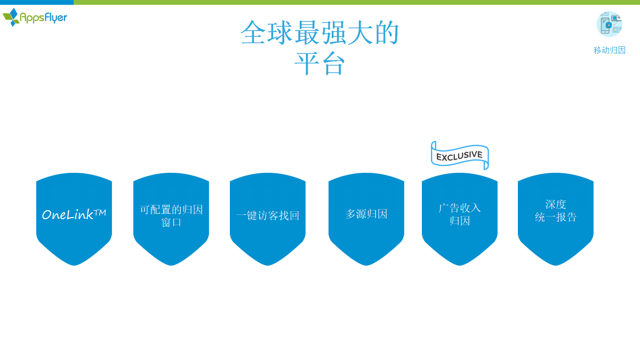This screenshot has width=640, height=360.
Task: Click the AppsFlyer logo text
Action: point(43,18)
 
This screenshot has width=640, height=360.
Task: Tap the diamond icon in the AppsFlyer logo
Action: point(11,17)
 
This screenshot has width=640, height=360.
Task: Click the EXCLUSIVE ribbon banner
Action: point(460,156)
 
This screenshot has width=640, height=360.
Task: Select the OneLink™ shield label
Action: point(74,214)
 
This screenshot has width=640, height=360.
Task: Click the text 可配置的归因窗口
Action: point(171,215)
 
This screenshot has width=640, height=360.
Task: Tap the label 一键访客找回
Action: point(268,215)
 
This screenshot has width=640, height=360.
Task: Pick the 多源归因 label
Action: point(366,214)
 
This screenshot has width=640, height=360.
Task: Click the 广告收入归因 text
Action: point(460,214)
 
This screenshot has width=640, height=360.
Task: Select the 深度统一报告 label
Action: point(556,211)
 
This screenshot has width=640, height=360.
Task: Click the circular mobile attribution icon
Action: point(610,24)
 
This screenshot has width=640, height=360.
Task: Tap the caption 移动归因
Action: point(610,50)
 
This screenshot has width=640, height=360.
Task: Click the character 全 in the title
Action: point(253,33)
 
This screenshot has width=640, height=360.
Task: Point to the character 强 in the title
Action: point(334,33)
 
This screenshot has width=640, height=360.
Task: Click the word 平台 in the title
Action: point(319,63)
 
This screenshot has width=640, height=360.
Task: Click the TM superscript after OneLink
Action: point(100,213)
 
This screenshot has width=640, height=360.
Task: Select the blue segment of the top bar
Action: point(37,2)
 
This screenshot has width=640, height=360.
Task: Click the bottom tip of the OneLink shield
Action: point(74,266)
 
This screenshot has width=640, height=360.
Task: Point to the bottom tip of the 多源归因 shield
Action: point(366,266)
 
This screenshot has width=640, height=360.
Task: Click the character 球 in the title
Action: point(279,33)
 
